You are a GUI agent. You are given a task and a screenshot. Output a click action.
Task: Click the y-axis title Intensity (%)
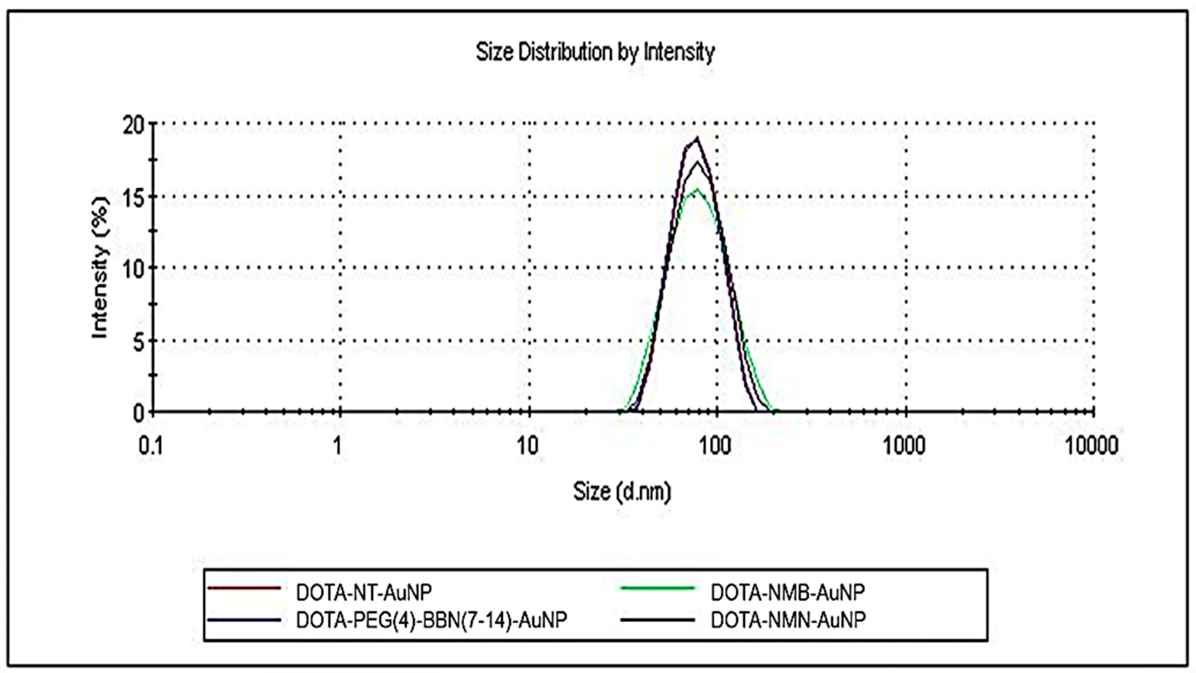coord(100,268)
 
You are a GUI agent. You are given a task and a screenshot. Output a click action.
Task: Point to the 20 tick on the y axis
coord(134,125)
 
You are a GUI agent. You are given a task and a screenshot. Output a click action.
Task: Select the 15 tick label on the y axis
coord(134,197)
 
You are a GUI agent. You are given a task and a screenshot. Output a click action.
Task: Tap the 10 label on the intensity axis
coord(134,269)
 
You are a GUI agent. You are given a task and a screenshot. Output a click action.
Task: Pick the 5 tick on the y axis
coord(138,343)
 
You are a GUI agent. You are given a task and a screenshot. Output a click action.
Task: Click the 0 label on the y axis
coord(139,413)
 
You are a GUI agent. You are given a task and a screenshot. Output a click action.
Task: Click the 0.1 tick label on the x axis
coord(151,446)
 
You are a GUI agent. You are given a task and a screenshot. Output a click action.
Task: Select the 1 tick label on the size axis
coord(337,446)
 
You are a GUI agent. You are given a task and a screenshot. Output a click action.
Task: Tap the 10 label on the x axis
coord(527,446)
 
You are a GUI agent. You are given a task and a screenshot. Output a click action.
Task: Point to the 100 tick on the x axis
coord(714,446)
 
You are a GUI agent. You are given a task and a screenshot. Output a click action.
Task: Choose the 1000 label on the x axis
coord(904,446)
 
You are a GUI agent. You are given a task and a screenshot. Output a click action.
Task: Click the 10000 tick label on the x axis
coord(1091,446)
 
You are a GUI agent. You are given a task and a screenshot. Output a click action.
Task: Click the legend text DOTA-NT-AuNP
coord(364,592)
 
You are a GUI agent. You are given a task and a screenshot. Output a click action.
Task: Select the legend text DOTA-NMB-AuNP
coord(788,592)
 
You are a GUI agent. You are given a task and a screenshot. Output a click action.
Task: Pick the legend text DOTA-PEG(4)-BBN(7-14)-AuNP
coord(431,620)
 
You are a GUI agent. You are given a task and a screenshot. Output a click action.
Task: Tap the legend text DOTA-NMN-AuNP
coord(788,620)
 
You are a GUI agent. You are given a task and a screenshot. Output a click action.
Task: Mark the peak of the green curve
coord(697,189)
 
